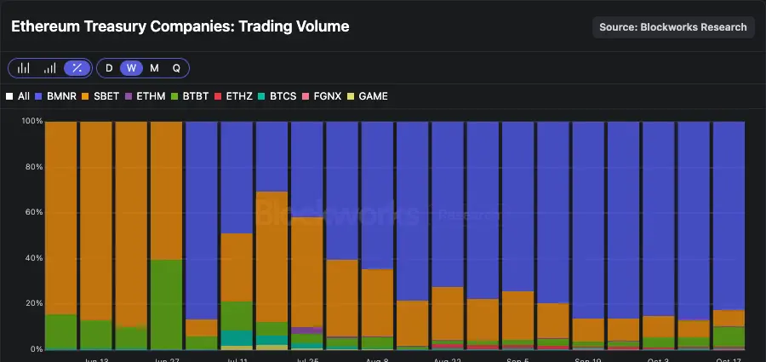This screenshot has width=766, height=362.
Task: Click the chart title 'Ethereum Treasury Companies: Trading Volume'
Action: [180, 26]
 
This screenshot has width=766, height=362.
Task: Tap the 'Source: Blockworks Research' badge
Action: [673, 27]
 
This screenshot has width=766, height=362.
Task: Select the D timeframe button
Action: [109, 68]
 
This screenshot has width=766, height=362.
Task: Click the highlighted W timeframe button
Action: [131, 68]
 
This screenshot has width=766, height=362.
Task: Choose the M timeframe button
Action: [154, 68]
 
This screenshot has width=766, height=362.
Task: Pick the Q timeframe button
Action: [176, 68]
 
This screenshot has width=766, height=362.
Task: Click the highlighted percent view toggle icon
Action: [77, 68]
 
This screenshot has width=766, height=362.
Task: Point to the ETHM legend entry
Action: [144, 96]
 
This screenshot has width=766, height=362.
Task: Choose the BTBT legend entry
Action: [191, 96]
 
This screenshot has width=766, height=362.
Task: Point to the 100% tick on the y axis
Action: [31, 122]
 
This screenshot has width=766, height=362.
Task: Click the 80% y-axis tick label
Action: [33, 167]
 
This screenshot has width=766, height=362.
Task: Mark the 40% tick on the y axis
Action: [33, 258]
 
